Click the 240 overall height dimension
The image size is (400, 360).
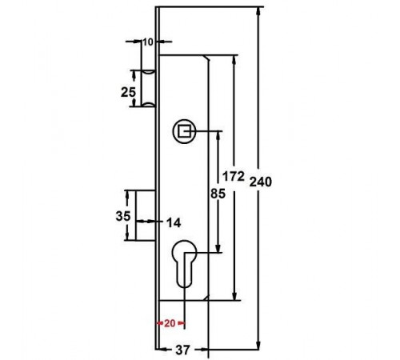261,182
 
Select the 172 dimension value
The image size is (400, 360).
234,176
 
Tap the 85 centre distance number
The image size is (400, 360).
218,194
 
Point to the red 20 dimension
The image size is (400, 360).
170,323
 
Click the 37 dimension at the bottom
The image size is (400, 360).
183,350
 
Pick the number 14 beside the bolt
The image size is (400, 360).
174,222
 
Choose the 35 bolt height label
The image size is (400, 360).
123,216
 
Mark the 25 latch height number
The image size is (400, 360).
128,92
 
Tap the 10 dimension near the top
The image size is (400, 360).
148,42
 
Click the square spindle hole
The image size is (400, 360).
184,131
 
